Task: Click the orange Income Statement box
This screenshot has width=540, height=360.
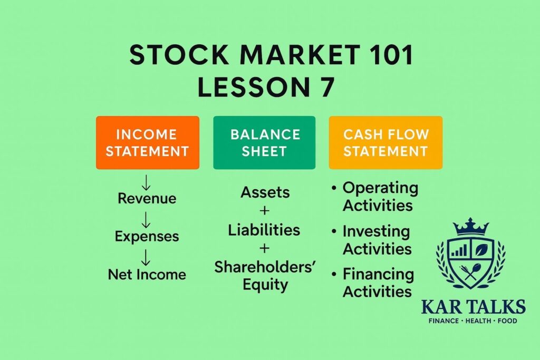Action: pos(147,142)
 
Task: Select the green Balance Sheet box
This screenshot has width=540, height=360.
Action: pos(264,142)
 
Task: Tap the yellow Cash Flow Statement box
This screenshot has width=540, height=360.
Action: pos(385,142)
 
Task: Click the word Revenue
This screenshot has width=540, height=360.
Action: pos(147,199)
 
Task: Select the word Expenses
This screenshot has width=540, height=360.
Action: pos(147,236)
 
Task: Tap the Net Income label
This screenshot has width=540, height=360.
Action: pos(147,275)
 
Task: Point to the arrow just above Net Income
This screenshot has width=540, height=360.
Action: pos(147,257)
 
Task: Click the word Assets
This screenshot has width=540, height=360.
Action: pos(265,193)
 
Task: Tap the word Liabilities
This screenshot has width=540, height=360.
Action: pos(264,230)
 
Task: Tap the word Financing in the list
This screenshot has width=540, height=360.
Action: pos(378,274)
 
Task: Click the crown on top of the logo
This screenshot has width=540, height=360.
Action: pos(470,227)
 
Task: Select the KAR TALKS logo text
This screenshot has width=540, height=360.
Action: pos(473,306)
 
